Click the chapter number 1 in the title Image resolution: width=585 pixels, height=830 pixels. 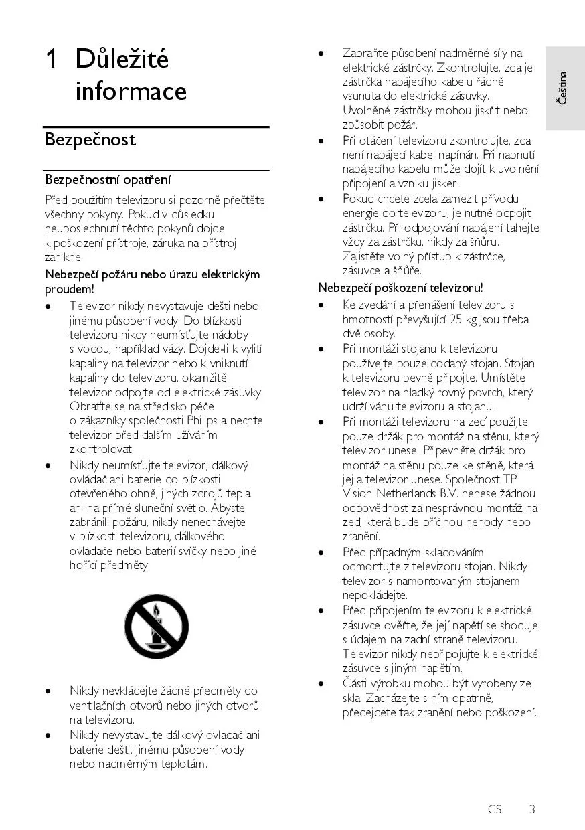51,60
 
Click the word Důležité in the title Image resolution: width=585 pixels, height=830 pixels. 122,60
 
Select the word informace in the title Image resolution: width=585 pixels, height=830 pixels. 131,90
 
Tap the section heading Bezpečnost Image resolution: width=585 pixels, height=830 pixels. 90,139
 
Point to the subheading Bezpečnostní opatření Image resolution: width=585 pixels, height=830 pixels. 108,179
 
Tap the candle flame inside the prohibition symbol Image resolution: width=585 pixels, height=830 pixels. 156,611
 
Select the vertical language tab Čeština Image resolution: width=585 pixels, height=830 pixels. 563,88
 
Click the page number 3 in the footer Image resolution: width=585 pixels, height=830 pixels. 532,809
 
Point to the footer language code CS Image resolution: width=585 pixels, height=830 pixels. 495,809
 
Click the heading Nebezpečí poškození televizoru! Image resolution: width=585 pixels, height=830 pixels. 400,288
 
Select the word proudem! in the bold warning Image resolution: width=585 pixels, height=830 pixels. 70,289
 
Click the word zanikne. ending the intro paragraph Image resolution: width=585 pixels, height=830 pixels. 64,257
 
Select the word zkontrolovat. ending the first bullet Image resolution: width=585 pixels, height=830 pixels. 102,449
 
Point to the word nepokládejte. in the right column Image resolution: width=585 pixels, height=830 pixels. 375,595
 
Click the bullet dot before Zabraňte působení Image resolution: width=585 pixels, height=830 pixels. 321,53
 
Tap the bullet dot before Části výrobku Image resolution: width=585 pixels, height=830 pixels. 321,683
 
